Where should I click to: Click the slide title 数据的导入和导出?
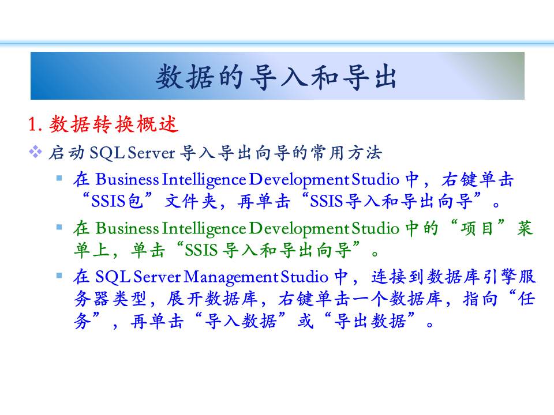point(276,77)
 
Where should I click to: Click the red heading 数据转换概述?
point(114,124)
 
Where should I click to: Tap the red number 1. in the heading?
point(35,124)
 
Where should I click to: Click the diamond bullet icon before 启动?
point(35,152)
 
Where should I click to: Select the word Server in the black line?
point(151,153)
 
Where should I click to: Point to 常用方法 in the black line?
point(346,153)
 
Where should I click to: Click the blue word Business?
point(127,179)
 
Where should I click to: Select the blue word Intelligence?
point(204,180)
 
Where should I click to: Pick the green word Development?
point(300,229)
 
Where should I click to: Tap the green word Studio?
point(376,228)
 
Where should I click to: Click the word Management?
point(231,277)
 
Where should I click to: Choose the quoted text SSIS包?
point(117,201)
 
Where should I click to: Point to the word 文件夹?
point(191,202)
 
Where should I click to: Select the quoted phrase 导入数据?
point(240,321)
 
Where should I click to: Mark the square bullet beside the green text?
point(59,227)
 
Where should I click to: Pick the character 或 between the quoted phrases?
point(305,321)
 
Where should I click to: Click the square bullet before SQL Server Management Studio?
point(59,276)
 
